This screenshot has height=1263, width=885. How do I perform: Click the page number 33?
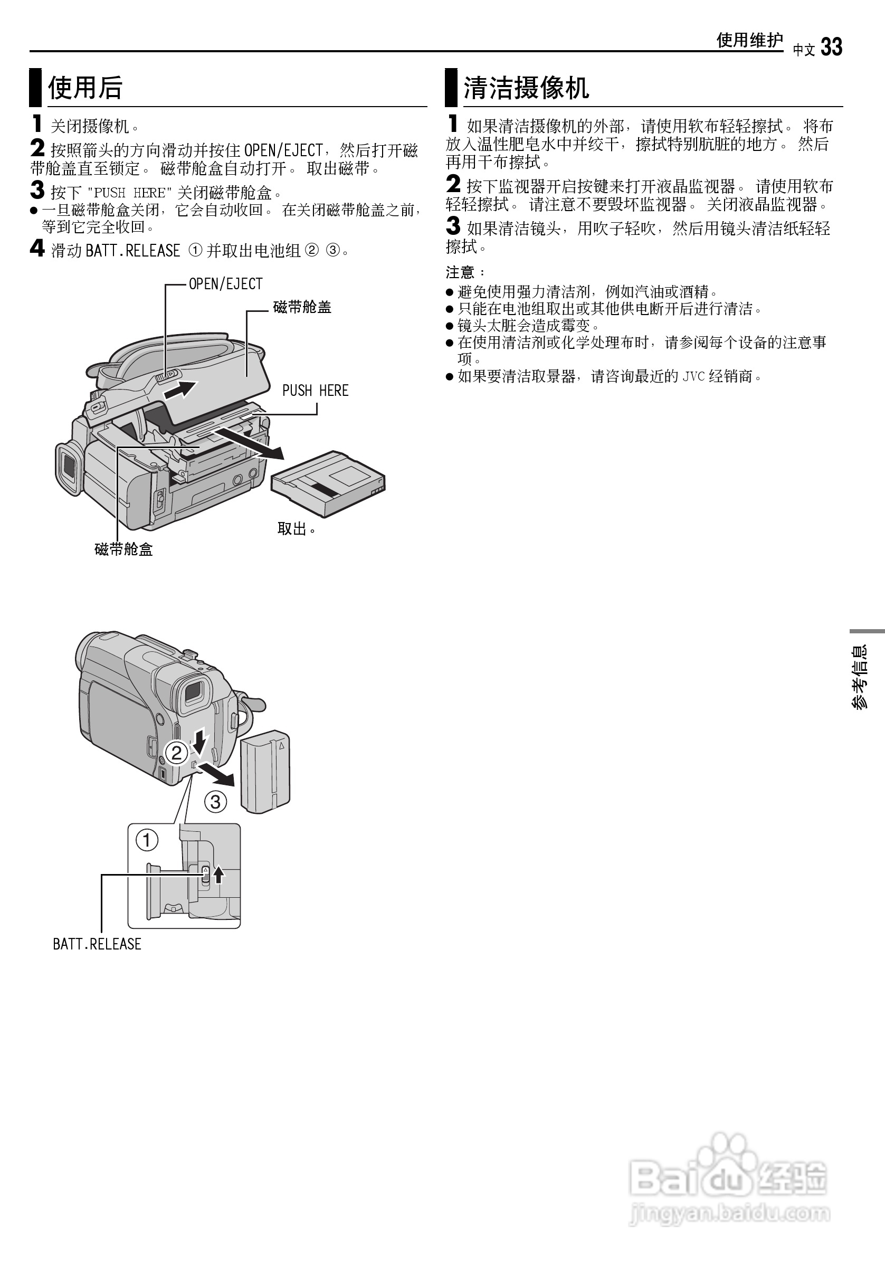click(831, 48)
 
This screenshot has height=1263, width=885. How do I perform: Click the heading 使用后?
click(85, 88)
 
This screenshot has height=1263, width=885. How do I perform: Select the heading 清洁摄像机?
click(526, 88)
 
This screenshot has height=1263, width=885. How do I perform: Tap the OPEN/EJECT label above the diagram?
click(225, 284)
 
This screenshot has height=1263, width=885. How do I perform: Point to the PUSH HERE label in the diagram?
click(315, 391)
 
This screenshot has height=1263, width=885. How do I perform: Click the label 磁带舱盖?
click(302, 307)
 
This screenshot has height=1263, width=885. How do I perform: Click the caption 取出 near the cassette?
click(296, 529)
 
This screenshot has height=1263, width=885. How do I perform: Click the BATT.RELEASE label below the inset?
click(97, 944)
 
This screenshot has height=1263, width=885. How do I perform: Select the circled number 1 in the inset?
click(147, 840)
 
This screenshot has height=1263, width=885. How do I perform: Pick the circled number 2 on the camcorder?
click(177, 752)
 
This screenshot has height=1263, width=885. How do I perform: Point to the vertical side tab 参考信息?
click(859, 677)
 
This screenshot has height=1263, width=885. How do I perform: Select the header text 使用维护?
click(749, 40)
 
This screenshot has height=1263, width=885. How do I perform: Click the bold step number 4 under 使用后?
click(37, 249)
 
